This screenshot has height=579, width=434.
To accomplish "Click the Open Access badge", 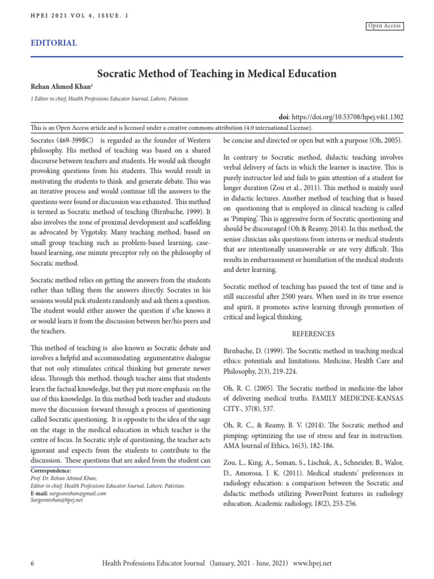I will (x=385, y=26).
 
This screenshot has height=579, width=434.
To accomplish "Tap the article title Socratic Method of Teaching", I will (x=217, y=74).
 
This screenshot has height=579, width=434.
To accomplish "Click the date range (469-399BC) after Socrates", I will (x=79, y=140).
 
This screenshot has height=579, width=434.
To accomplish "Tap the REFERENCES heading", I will (x=313, y=334).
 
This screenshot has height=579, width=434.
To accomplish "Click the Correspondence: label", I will (x=51, y=470).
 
